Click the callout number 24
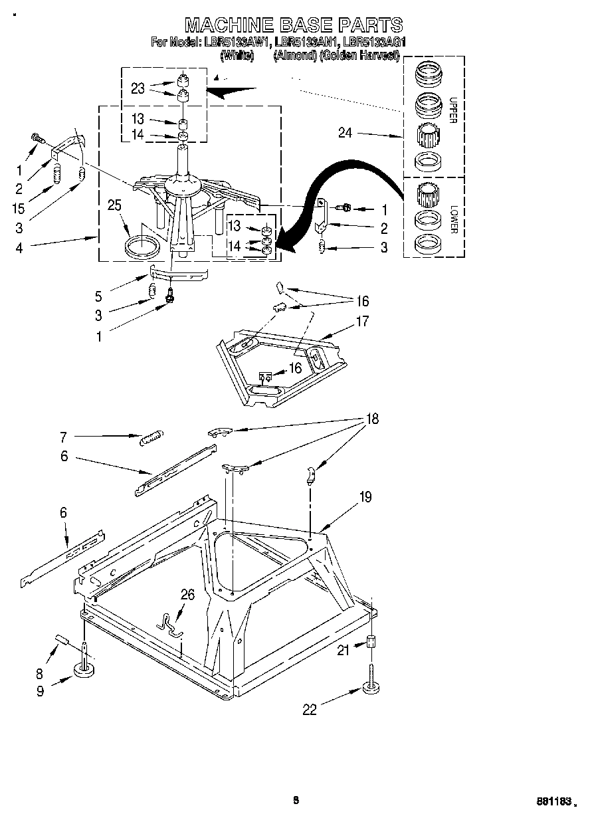[x=345, y=133]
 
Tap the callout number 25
[x=114, y=205]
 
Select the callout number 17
[x=363, y=322]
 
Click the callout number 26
[x=188, y=595]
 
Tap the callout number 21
[x=343, y=651]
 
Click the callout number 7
[x=64, y=437]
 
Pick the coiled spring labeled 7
[x=151, y=437]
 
